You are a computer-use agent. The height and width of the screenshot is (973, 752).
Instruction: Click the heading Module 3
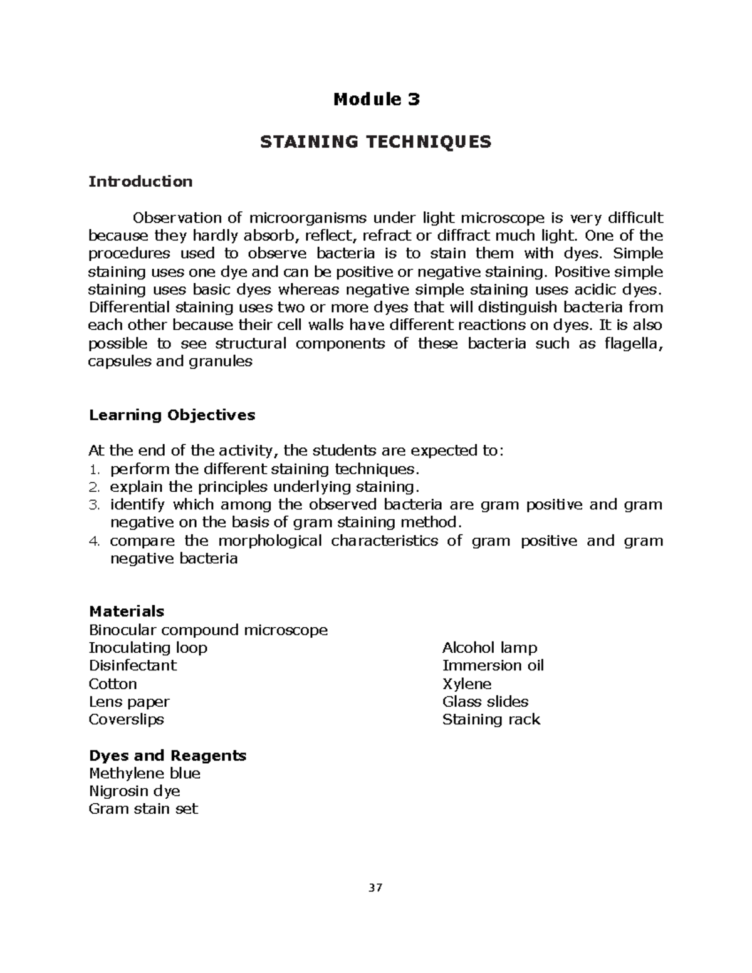point(376,99)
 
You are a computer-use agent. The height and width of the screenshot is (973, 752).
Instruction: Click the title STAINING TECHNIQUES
point(376,142)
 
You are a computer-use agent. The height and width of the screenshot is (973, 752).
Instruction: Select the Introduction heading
point(140,182)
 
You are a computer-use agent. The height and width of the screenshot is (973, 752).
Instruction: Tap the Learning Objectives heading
point(172,415)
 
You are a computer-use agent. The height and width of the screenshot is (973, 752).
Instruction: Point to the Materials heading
point(127,611)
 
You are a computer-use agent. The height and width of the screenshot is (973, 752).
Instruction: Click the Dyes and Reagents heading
point(167,755)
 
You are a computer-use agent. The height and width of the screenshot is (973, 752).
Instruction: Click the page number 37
point(375,888)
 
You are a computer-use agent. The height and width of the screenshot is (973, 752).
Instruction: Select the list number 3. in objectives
point(95,505)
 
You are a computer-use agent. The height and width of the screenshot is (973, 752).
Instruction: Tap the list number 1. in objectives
point(95,469)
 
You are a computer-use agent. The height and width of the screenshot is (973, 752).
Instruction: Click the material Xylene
point(466,684)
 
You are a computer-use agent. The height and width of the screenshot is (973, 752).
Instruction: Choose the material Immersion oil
point(493,665)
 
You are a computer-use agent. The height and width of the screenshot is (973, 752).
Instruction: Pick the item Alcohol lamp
point(489,647)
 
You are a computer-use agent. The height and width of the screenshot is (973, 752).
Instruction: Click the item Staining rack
point(491,719)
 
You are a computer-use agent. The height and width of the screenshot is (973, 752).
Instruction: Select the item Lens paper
point(129,702)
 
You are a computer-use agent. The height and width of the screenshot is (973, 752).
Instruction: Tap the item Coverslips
point(126,719)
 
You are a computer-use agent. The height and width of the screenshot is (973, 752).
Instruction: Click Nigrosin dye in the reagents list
point(134,791)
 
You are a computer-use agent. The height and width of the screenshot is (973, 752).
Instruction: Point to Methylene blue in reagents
point(144,773)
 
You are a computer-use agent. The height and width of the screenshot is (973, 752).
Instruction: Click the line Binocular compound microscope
point(208,630)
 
